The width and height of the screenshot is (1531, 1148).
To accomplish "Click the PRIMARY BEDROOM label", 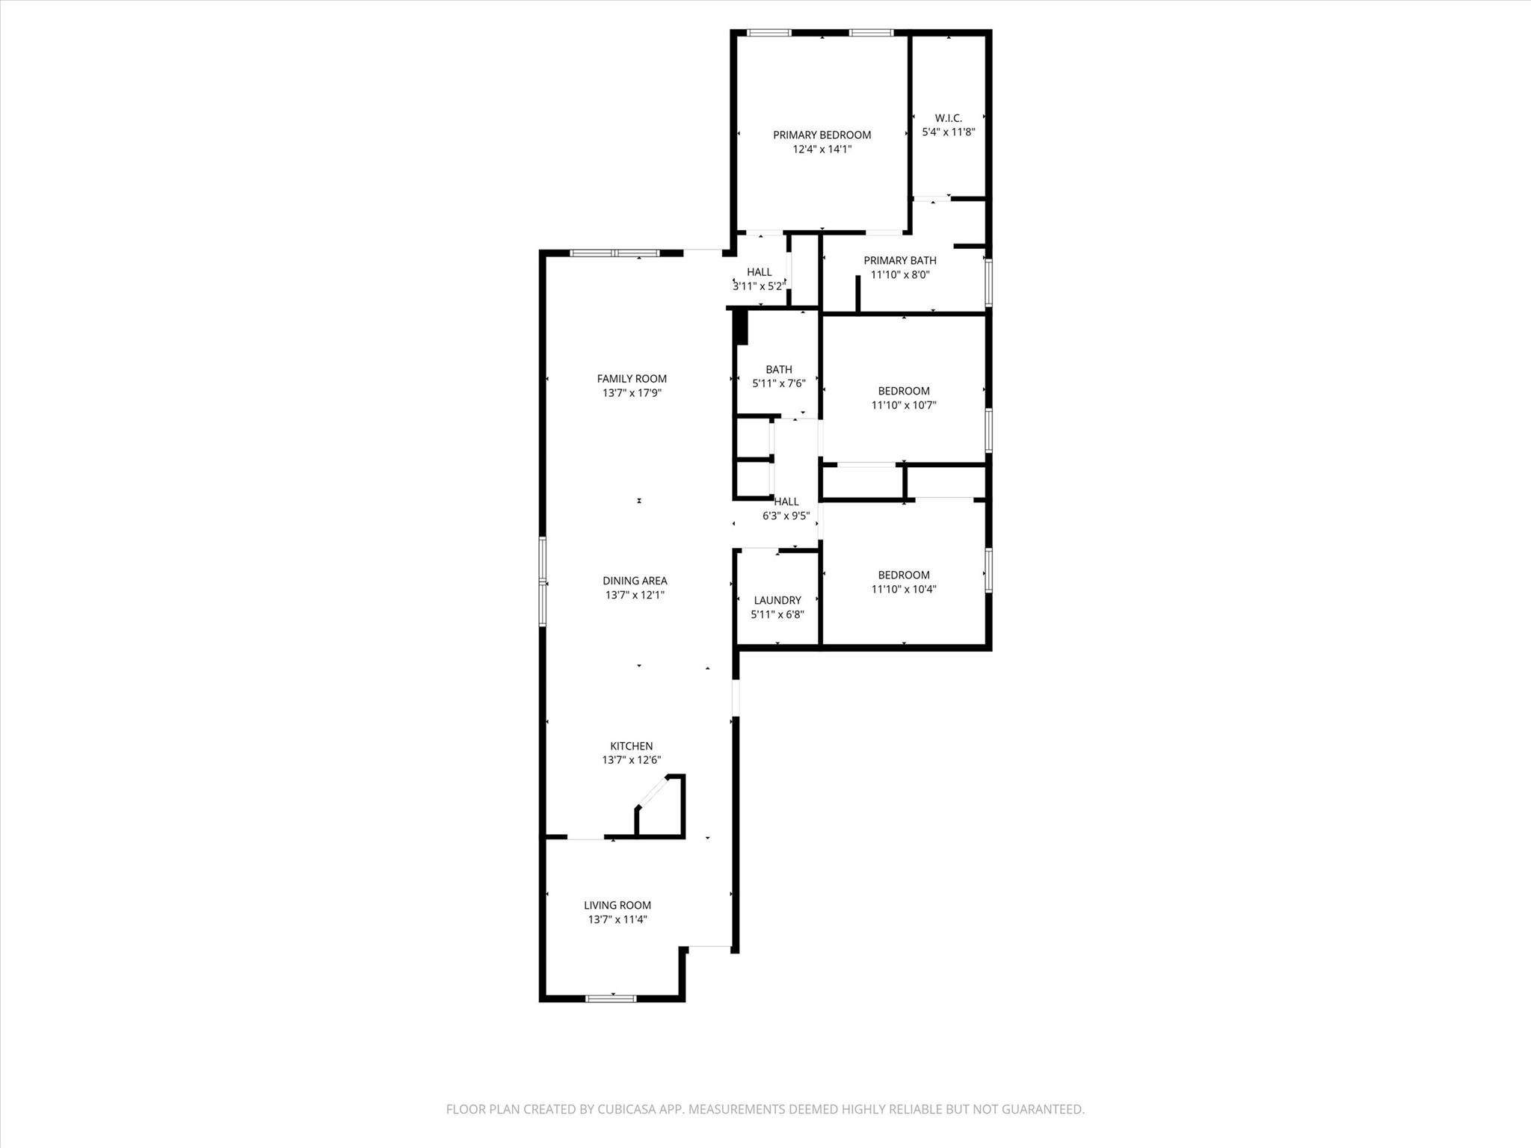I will tap(822, 135).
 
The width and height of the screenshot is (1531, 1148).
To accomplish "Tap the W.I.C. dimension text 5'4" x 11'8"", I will tap(948, 132).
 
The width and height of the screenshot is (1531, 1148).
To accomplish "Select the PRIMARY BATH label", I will tap(899, 260).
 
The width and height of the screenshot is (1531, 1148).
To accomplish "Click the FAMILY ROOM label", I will tap(632, 379).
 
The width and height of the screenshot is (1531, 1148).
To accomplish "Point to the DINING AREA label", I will tap(635, 581).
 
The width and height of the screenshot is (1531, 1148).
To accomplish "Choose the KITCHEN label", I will tap(631, 746).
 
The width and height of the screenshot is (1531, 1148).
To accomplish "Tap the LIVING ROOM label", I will tap(617, 905).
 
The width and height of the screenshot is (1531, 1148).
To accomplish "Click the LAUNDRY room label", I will tap(777, 600).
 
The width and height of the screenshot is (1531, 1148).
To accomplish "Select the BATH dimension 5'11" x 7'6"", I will tap(778, 383).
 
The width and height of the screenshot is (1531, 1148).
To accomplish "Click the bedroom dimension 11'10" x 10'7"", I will tap(903, 405).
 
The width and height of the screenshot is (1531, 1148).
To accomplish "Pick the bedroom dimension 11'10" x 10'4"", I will tap(903, 589).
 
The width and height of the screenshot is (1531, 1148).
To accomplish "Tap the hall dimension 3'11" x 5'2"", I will tap(759, 286).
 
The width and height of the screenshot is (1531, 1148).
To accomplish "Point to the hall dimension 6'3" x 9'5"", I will tap(786, 516).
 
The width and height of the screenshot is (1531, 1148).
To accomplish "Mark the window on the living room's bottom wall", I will tap(611, 998).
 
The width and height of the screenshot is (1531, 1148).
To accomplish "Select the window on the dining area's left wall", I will tap(543, 581).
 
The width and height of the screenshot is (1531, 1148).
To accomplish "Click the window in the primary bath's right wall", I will tap(988, 283).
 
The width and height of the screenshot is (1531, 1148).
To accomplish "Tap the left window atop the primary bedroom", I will tap(768, 33).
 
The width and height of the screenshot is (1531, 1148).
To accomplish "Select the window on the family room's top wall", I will tap(614, 253).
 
